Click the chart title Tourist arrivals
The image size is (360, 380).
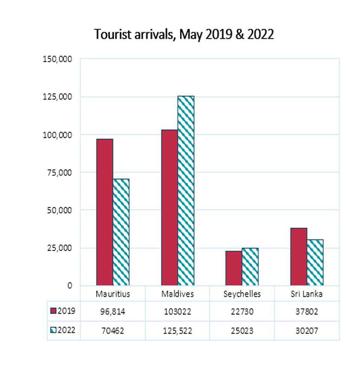184,34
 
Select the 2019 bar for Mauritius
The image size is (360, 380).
104,212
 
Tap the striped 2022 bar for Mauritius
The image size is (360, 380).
121,232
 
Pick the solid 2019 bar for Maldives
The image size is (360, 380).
169,208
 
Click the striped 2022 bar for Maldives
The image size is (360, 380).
186,191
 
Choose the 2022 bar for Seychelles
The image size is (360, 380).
250,267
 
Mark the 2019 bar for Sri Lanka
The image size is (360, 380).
299,257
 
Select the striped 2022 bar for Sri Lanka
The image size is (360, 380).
315,262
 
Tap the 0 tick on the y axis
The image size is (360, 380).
69,286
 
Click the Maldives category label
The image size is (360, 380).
177,294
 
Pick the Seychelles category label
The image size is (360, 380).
242,294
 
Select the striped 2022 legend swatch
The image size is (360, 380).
53,330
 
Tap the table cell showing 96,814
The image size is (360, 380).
113,311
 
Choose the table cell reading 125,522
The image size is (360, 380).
177,330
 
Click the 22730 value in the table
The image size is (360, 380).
242,311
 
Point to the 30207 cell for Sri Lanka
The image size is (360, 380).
307,330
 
